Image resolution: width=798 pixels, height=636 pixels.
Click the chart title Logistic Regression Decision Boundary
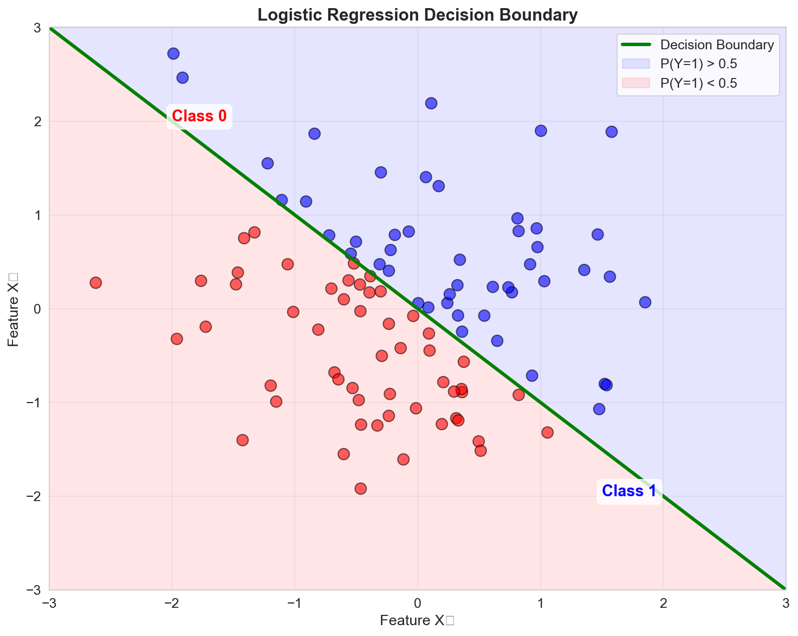tap(418, 15)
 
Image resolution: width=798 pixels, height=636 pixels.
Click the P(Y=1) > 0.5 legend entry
tap(699, 63)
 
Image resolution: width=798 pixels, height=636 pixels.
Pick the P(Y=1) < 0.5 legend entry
tap(699, 82)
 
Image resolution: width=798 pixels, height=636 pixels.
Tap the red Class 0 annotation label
tap(199, 116)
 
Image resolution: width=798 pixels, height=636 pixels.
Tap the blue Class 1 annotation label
tap(629, 491)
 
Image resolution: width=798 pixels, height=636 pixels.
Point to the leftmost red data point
tap(96, 283)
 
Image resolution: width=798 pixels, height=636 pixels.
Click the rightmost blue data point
tap(645, 302)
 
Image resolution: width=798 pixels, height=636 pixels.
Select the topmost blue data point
tap(173, 54)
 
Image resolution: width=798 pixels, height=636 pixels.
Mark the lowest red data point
tap(361, 489)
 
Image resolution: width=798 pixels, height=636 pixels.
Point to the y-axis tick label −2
tap(36, 497)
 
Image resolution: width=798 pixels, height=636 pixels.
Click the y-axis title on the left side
tap(14, 309)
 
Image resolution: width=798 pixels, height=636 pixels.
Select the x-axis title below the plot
tap(417, 621)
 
